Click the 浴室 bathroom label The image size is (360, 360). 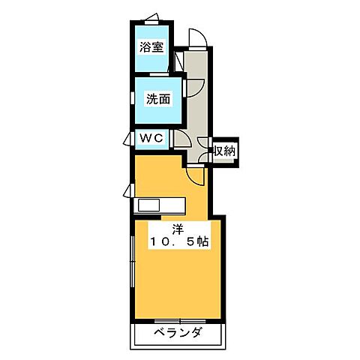pos(152,46)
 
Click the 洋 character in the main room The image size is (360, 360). pos(176,229)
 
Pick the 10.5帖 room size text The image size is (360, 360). pos(178,242)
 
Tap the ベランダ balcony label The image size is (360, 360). pos(178,334)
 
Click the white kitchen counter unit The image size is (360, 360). pos(159,205)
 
